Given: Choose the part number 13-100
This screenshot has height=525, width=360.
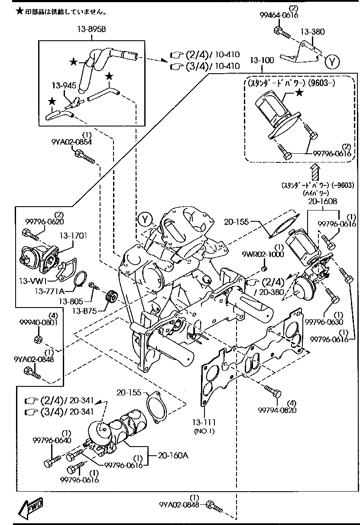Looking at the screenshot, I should click(262, 60).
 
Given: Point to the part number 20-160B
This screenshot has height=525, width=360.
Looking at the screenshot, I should click(323, 201).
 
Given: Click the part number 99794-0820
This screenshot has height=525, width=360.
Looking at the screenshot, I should click(277, 410).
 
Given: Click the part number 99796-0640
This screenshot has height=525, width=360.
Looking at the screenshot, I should click(52, 441).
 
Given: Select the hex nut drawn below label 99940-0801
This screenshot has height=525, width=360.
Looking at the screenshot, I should click(38, 338).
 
